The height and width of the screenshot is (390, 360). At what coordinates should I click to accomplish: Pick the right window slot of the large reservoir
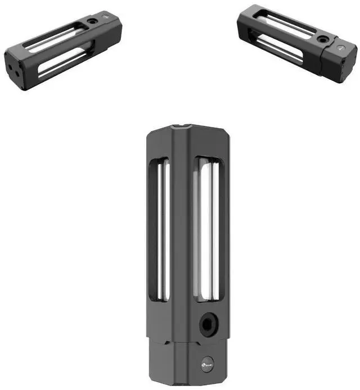pos(207,230)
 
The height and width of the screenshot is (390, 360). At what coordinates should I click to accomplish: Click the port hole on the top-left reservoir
pos(91,22)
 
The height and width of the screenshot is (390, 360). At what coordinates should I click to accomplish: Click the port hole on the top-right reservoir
pos(322,40)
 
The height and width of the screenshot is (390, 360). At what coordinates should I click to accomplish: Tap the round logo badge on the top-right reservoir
pos(341,49)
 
